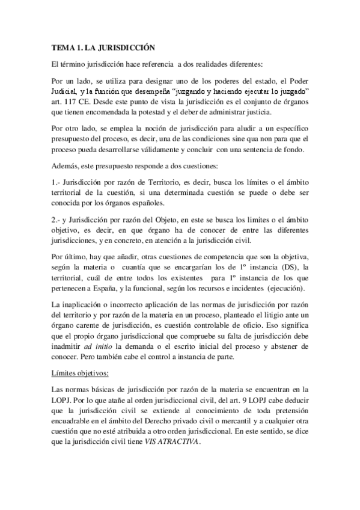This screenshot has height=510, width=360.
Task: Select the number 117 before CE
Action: (x=69, y=102)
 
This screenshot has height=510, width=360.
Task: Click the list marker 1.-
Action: (x=58, y=182)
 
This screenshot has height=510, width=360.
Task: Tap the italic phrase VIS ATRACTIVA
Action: (x=177, y=438)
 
